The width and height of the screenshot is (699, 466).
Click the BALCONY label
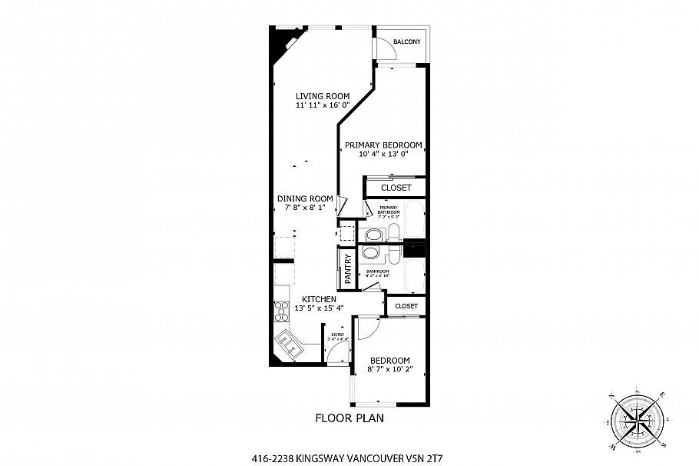(x=406, y=42)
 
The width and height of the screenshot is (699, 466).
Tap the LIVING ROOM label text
(x=323, y=96)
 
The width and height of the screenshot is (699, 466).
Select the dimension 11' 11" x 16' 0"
(x=323, y=105)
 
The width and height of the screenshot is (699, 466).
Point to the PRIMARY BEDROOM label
(x=383, y=145)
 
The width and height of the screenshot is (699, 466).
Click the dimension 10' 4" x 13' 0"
(x=383, y=154)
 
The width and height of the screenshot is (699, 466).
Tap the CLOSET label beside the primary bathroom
(x=396, y=188)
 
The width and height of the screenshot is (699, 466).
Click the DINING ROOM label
(x=305, y=198)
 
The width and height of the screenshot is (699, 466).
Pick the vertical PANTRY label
(x=347, y=269)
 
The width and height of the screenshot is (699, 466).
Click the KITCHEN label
(x=318, y=298)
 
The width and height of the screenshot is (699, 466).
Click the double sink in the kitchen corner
(x=289, y=345)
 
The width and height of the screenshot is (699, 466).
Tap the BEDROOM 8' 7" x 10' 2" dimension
(x=390, y=370)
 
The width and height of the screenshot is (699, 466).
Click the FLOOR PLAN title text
(x=349, y=419)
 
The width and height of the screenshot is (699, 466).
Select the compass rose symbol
(x=637, y=419)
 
